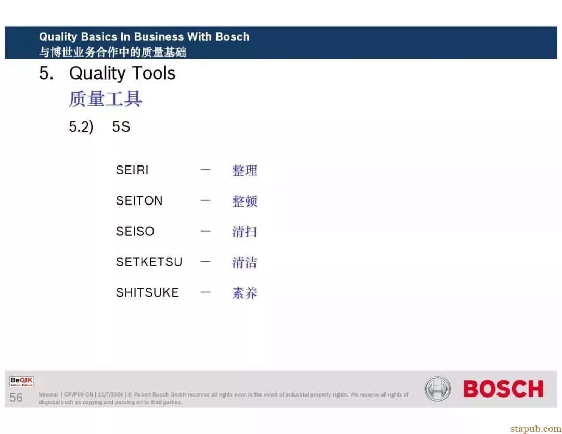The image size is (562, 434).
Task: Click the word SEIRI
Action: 132,170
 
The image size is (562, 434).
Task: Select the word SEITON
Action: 139,201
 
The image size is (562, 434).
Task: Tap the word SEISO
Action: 135,231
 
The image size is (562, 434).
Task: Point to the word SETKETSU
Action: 149,262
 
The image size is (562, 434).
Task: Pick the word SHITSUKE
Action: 147,292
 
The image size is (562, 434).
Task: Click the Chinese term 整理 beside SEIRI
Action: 245,170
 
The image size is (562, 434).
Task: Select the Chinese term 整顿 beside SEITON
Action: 245,201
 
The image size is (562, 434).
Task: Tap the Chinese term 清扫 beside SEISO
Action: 245,232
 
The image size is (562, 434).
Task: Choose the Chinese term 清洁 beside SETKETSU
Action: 245,262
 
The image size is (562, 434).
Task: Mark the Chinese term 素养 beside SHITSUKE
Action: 245,293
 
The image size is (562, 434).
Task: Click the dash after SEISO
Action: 206,231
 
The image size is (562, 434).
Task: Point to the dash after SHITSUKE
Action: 206,292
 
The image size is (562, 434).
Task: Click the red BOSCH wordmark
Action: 503,389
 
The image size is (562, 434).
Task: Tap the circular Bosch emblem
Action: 437,389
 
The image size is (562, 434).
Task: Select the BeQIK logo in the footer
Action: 21,381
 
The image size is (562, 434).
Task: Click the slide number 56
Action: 16,398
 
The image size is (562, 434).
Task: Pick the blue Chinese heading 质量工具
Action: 105,98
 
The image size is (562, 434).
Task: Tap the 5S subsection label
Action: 121,126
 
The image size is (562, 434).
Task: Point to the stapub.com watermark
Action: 536,429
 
